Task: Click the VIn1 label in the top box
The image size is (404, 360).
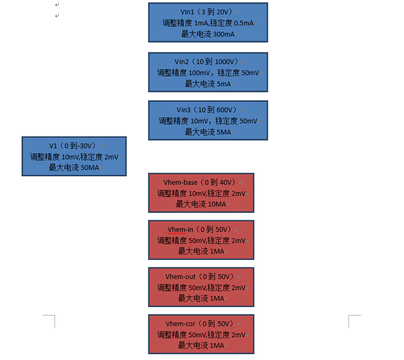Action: point(187,12)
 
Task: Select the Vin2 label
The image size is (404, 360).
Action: point(182,61)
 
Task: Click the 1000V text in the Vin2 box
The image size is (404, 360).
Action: point(224,61)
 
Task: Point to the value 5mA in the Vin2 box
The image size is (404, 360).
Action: point(223,84)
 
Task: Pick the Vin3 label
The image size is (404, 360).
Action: point(183,110)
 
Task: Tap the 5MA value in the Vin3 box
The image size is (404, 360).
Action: point(223,132)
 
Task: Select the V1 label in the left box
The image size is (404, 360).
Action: point(53,146)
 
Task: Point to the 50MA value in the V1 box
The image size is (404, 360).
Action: point(90,167)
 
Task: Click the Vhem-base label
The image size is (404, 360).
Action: point(181,183)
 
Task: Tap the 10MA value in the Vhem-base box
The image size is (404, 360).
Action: point(217,204)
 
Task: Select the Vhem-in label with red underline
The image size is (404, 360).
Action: point(181,229)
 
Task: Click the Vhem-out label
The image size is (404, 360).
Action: point(181,276)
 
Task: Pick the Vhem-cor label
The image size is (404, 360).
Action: point(181,323)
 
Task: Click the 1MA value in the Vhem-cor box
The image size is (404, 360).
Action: point(217,345)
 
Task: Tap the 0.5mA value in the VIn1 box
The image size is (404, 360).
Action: point(244,23)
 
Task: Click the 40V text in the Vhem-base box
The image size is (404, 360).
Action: point(226,183)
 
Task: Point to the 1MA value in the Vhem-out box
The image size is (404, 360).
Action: point(217,298)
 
